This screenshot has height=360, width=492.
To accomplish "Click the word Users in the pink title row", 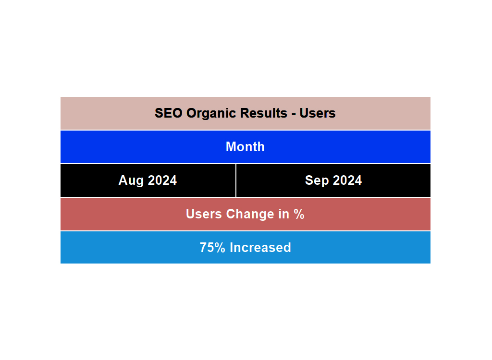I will tap(317, 113).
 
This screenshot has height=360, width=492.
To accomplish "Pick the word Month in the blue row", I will tap(245, 147).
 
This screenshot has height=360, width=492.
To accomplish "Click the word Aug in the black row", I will tap(131, 180).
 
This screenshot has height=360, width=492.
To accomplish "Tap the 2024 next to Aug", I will tap(162, 180).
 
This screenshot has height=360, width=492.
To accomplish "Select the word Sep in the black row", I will tap(317, 180).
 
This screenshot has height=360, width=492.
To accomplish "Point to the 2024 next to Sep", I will tap(348, 180).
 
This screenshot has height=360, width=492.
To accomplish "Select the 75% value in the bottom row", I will tap(213, 248).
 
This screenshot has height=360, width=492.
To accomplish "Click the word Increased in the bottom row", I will tap(260, 248).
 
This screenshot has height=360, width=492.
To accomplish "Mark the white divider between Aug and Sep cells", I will tap(236, 180).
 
